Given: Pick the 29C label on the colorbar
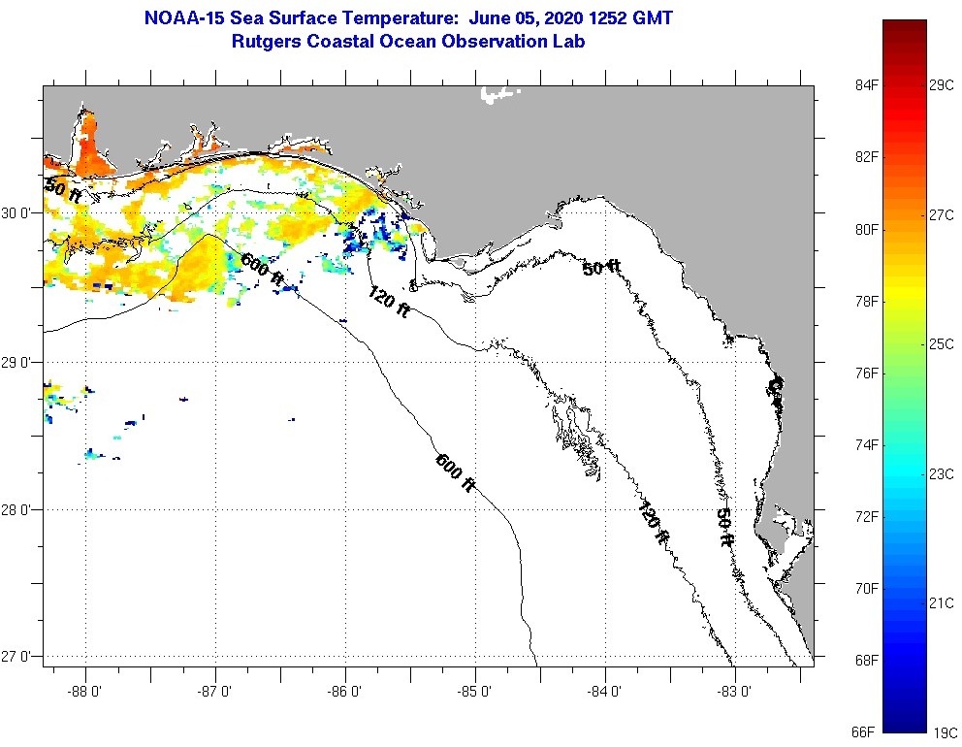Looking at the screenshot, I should coord(941,85).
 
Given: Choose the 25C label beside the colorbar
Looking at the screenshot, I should coord(941,344).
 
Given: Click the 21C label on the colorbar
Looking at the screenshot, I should coord(941,602).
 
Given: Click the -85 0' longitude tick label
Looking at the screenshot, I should coord(475,693).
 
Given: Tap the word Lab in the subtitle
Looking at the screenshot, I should coord(569,42).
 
